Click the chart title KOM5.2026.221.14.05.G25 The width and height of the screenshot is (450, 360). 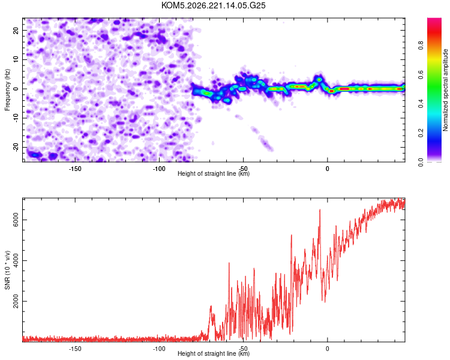(x=213, y=5)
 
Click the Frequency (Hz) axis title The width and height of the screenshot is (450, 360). (x=7, y=90)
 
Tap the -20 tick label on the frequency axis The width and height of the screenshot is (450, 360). (x=16, y=148)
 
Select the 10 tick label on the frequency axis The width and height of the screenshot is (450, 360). (x=16, y=59)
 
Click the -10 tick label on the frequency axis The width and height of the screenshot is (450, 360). (x=16, y=118)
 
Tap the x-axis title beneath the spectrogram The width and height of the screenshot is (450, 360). (x=214, y=173)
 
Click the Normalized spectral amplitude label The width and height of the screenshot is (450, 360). (x=445, y=90)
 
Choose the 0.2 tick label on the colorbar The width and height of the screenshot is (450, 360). (x=421, y=133)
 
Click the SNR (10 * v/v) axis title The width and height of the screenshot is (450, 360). (x=7, y=270)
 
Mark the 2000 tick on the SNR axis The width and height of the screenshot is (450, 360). (x=16, y=301)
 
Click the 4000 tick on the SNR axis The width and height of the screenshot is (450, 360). (x=16, y=260)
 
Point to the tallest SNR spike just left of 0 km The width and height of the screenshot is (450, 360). (x=320, y=210)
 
